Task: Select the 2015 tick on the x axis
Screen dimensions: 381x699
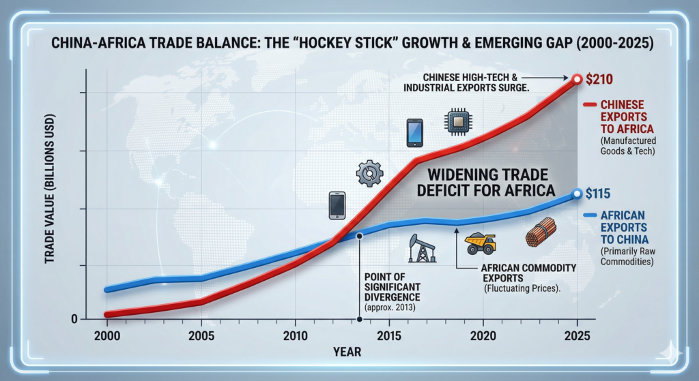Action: coord(388,336)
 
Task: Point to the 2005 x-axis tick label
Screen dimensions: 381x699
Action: coord(201,336)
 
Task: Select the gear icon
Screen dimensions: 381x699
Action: coord(369,174)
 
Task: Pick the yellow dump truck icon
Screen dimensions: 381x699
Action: coord(480,242)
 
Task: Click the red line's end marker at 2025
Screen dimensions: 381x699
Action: coord(577,80)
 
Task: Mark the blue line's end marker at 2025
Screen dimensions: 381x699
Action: coord(577,194)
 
